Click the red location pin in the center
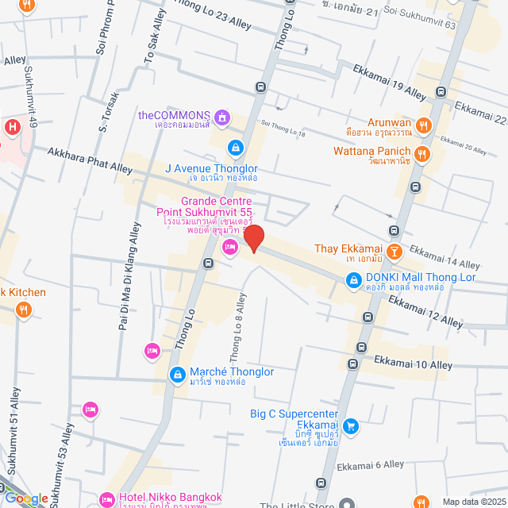(253, 238)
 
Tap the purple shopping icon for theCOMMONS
(224, 119)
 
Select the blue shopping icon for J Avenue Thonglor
(236, 148)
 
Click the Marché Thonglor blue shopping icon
(177, 374)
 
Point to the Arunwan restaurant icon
(424, 124)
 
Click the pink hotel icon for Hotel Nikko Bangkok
(107, 499)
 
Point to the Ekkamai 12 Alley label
(425, 312)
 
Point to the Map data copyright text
(472, 501)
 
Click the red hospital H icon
(12, 127)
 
